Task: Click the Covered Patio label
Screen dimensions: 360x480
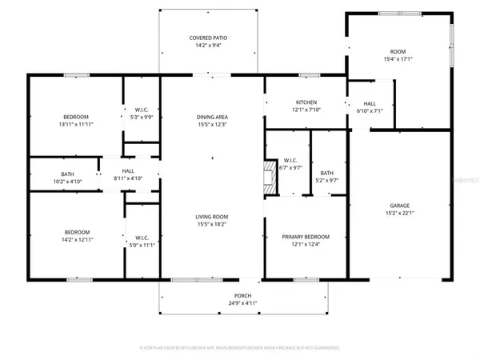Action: point(212,38)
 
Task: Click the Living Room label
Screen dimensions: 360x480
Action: point(213,217)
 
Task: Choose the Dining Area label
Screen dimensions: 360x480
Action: point(213,118)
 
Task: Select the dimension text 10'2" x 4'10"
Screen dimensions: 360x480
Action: point(68,182)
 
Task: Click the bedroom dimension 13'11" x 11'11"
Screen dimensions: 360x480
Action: point(77,125)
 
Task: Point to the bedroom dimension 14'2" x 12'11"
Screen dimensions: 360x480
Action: point(78,240)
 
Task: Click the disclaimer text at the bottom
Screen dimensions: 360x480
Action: point(240,348)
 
